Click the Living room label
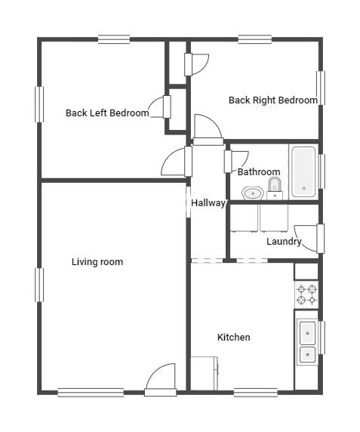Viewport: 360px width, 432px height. point(97,262)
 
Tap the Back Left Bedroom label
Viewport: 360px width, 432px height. point(106,113)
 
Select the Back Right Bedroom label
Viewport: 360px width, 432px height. point(272,100)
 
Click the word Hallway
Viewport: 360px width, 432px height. point(208,203)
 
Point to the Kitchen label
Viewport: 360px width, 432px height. point(233,337)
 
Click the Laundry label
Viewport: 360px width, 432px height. point(283,242)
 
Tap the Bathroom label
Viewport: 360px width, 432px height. point(259,172)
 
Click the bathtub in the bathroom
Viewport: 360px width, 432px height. point(303,171)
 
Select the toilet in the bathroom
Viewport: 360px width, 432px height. point(275,187)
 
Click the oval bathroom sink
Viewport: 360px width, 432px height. point(252,193)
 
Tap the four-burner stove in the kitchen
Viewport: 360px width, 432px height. point(306,295)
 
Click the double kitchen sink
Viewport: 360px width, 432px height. point(308,343)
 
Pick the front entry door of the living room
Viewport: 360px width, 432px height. point(161,379)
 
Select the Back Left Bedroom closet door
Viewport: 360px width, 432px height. point(160,108)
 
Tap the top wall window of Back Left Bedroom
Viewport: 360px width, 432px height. point(114,39)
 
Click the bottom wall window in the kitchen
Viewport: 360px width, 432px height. point(255,392)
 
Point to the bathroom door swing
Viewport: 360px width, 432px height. point(236,160)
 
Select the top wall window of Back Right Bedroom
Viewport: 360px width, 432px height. point(255,39)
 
